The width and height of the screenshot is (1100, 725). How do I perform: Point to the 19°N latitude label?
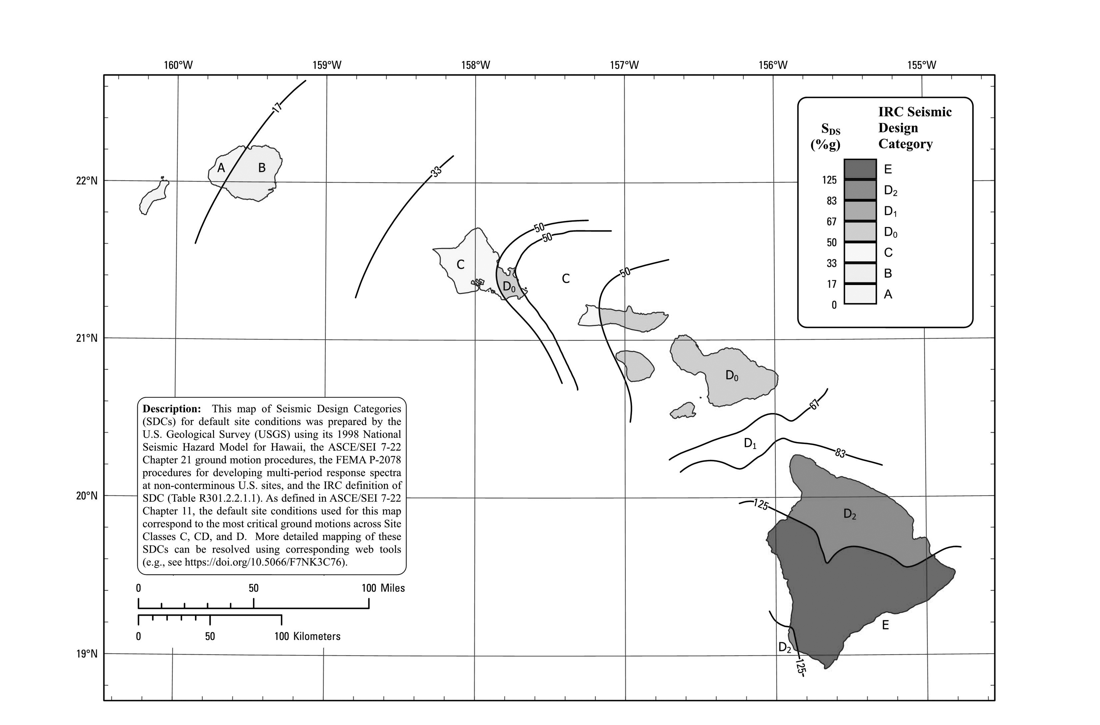point(86,654)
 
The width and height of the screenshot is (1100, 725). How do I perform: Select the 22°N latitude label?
point(86,181)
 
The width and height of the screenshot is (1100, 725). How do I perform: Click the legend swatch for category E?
point(860,169)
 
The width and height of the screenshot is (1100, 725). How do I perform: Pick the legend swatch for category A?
point(860,294)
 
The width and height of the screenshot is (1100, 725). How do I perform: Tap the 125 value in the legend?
point(829,180)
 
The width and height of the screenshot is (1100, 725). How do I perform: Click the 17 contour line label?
point(277,108)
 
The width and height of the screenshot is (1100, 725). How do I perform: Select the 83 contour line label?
point(840,453)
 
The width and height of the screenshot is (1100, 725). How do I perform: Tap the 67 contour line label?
point(815,404)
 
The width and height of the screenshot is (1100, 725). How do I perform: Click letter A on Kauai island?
point(221,168)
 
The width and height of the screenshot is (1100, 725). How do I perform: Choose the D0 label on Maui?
point(731,375)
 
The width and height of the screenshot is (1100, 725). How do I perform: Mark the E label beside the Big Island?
point(885,625)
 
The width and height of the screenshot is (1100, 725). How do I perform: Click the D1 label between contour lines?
point(750,443)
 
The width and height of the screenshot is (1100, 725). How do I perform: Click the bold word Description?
point(172,409)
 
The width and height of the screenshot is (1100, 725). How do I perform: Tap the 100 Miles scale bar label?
point(383,588)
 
